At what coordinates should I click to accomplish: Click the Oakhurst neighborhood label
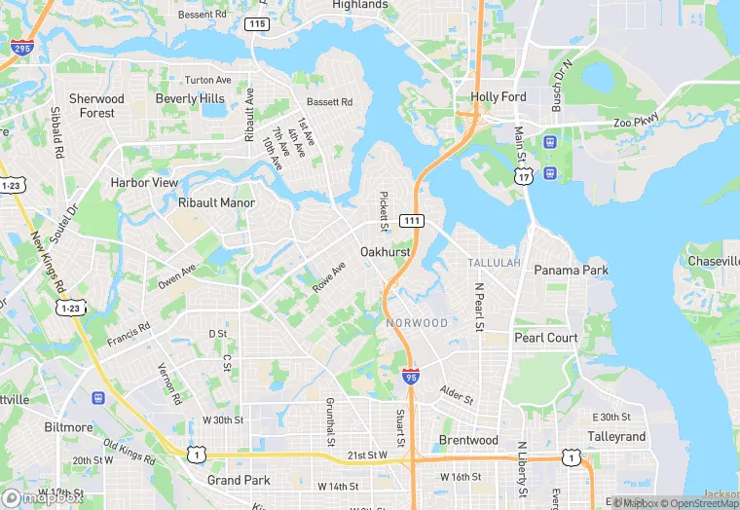point(385,252)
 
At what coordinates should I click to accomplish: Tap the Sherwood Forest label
point(96,106)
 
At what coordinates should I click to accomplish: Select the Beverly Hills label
point(190,98)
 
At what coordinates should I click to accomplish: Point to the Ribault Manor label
point(216,203)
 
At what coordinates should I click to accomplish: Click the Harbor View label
point(144,182)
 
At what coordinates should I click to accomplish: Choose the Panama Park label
point(571,270)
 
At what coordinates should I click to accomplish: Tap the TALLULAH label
point(494,264)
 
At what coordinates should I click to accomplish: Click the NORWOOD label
point(417,323)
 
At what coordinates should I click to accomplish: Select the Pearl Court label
point(546,338)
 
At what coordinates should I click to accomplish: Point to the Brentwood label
point(468,440)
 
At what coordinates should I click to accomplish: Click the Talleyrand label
point(617,437)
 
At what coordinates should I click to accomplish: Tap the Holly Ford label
point(499,97)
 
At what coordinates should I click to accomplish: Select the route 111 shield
point(412,222)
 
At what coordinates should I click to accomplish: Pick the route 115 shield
point(257,23)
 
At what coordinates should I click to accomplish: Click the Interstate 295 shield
point(18,46)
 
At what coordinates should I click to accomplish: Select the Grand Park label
point(239,480)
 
